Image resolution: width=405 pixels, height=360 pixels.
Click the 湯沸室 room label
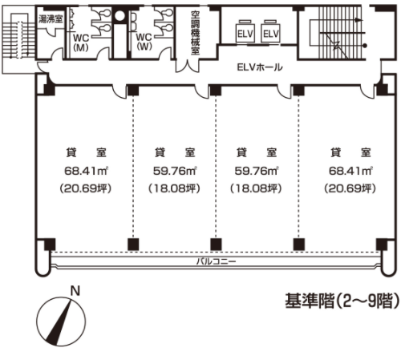pyautogui.click(x=51, y=19)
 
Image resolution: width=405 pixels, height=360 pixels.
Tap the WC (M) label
pyautogui.click(x=81, y=42)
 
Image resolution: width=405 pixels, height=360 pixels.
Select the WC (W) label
pyautogui.click(x=144, y=42)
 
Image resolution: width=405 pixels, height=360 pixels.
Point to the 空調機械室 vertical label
pyautogui.click(x=195, y=33)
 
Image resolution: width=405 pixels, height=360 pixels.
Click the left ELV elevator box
pyautogui.click(x=245, y=32)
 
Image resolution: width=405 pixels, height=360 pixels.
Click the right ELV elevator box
pyautogui.click(x=270, y=32)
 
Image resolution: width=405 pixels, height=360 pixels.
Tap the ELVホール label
pyautogui.click(x=260, y=67)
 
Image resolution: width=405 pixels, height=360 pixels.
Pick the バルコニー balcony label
pyautogui.click(x=216, y=261)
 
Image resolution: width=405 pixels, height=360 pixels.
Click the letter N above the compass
pyautogui.click(x=75, y=291)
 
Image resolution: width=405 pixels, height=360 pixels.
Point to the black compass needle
pyautogui.click(x=59, y=322)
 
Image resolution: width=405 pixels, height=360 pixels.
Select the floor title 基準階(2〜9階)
pyautogui.click(x=342, y=301)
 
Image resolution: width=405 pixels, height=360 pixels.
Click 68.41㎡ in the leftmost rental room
pyautogui.click(x=86, y=171)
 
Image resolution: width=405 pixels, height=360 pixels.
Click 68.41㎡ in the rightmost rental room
pyautogui.click(x=350, y=171)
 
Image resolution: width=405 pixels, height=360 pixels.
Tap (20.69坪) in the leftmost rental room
pyautogui.click(x=85, y=188)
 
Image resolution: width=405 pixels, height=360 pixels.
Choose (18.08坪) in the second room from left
pyautogui.click(x=174, y=188)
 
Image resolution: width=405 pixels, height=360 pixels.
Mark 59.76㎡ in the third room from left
pyautogui.click(x=256, y=171)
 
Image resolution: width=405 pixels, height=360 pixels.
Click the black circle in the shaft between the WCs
pyautogui.click(x=119, y=16)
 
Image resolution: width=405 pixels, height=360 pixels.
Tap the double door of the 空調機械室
pyautogui.click(x=188, y=66)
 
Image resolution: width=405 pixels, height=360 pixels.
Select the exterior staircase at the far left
pyautogui.click(x=18, y=39)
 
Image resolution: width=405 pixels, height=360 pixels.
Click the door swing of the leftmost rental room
pyautogui.click(x=119, y=91)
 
